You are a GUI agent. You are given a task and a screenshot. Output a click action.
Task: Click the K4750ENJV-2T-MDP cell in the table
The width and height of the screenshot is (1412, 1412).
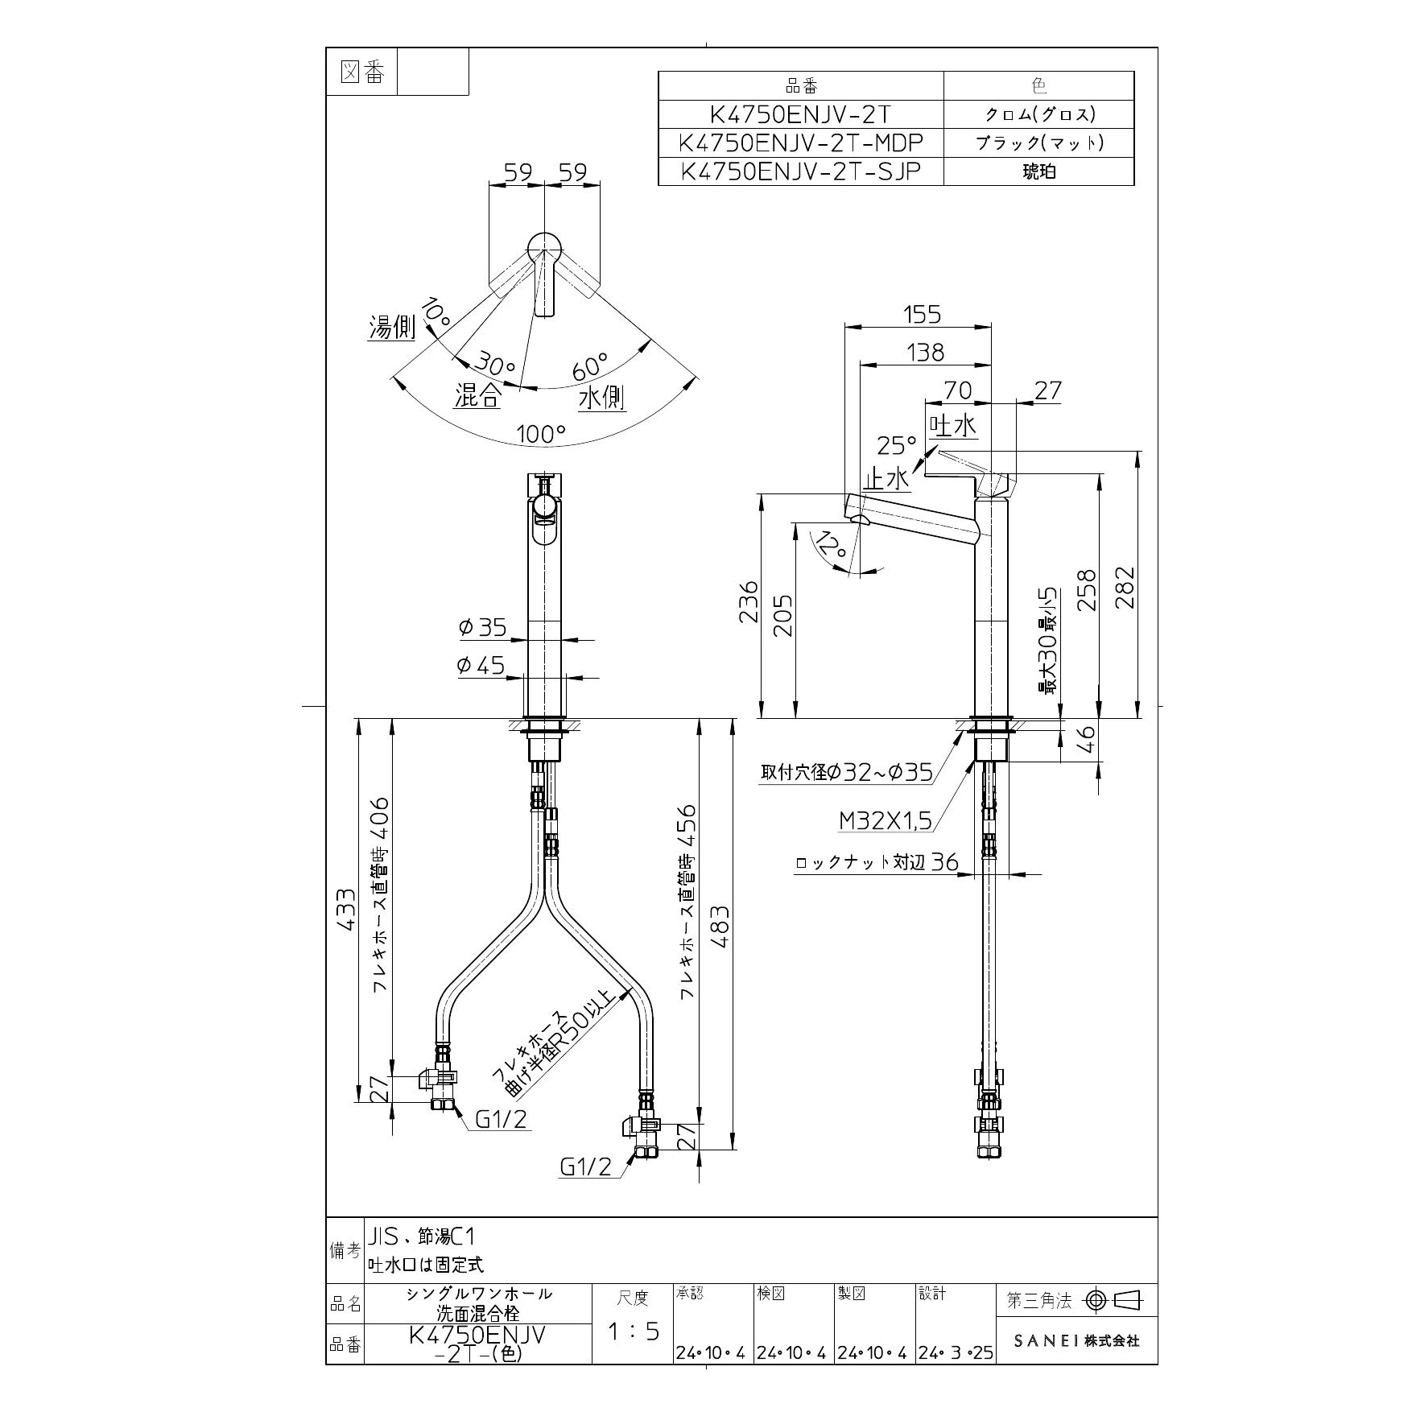[800, 142]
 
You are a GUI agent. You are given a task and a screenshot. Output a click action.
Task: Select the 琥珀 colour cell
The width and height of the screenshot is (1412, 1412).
[1038, 171]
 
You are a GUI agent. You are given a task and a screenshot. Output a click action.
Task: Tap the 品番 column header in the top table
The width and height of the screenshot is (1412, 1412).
[800, 85]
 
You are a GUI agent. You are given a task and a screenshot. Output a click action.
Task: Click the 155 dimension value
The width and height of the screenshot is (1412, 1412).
[922, 313]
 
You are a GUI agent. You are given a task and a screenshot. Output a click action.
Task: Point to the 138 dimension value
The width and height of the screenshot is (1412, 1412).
[925, 352]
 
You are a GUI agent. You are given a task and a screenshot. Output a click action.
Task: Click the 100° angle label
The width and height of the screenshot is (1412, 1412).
[541, 435]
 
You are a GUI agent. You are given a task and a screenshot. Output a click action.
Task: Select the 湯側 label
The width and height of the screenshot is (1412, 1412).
[392, 328]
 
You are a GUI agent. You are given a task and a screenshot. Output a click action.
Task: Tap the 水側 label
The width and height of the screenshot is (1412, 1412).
[602, 397]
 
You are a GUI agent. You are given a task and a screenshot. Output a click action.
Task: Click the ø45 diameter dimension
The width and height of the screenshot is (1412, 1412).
[481, 666]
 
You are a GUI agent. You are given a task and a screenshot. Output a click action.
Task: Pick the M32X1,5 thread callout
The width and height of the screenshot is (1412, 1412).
[886, 820]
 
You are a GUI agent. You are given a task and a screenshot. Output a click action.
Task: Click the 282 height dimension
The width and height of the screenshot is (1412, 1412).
[1125, 587]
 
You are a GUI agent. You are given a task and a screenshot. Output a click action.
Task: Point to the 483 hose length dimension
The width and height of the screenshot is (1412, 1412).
[719, 927]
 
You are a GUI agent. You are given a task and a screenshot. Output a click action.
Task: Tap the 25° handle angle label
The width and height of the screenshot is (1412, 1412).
[897, 444]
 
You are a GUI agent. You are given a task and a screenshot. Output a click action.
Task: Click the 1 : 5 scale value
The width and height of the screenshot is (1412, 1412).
[633, 1331]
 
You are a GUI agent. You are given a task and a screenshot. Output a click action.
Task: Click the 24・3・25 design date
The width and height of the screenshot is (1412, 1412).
[956, 1353]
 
